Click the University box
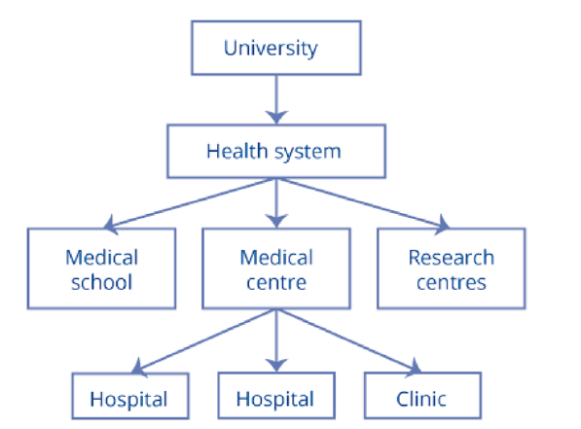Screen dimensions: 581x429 276,48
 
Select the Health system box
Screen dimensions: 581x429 276,151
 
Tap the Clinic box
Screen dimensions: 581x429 422,395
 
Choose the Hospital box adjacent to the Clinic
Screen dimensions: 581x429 276,395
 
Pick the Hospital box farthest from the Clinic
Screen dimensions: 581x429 130,396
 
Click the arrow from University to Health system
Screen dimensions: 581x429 276,99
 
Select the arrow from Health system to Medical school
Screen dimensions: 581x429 189,203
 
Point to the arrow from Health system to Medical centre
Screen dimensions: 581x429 276,203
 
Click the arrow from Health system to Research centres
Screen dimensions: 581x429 363,203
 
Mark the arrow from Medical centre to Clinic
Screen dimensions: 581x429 348,340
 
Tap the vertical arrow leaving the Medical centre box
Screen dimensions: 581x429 276,340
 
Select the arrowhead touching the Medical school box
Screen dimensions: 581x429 110,225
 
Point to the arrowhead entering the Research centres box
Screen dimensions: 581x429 442,225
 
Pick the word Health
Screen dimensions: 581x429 237,151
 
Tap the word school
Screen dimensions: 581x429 101,282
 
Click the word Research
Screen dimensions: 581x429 452,258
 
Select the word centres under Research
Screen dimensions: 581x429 452,283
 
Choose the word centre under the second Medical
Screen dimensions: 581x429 276,283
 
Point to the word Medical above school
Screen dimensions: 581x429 101,258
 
